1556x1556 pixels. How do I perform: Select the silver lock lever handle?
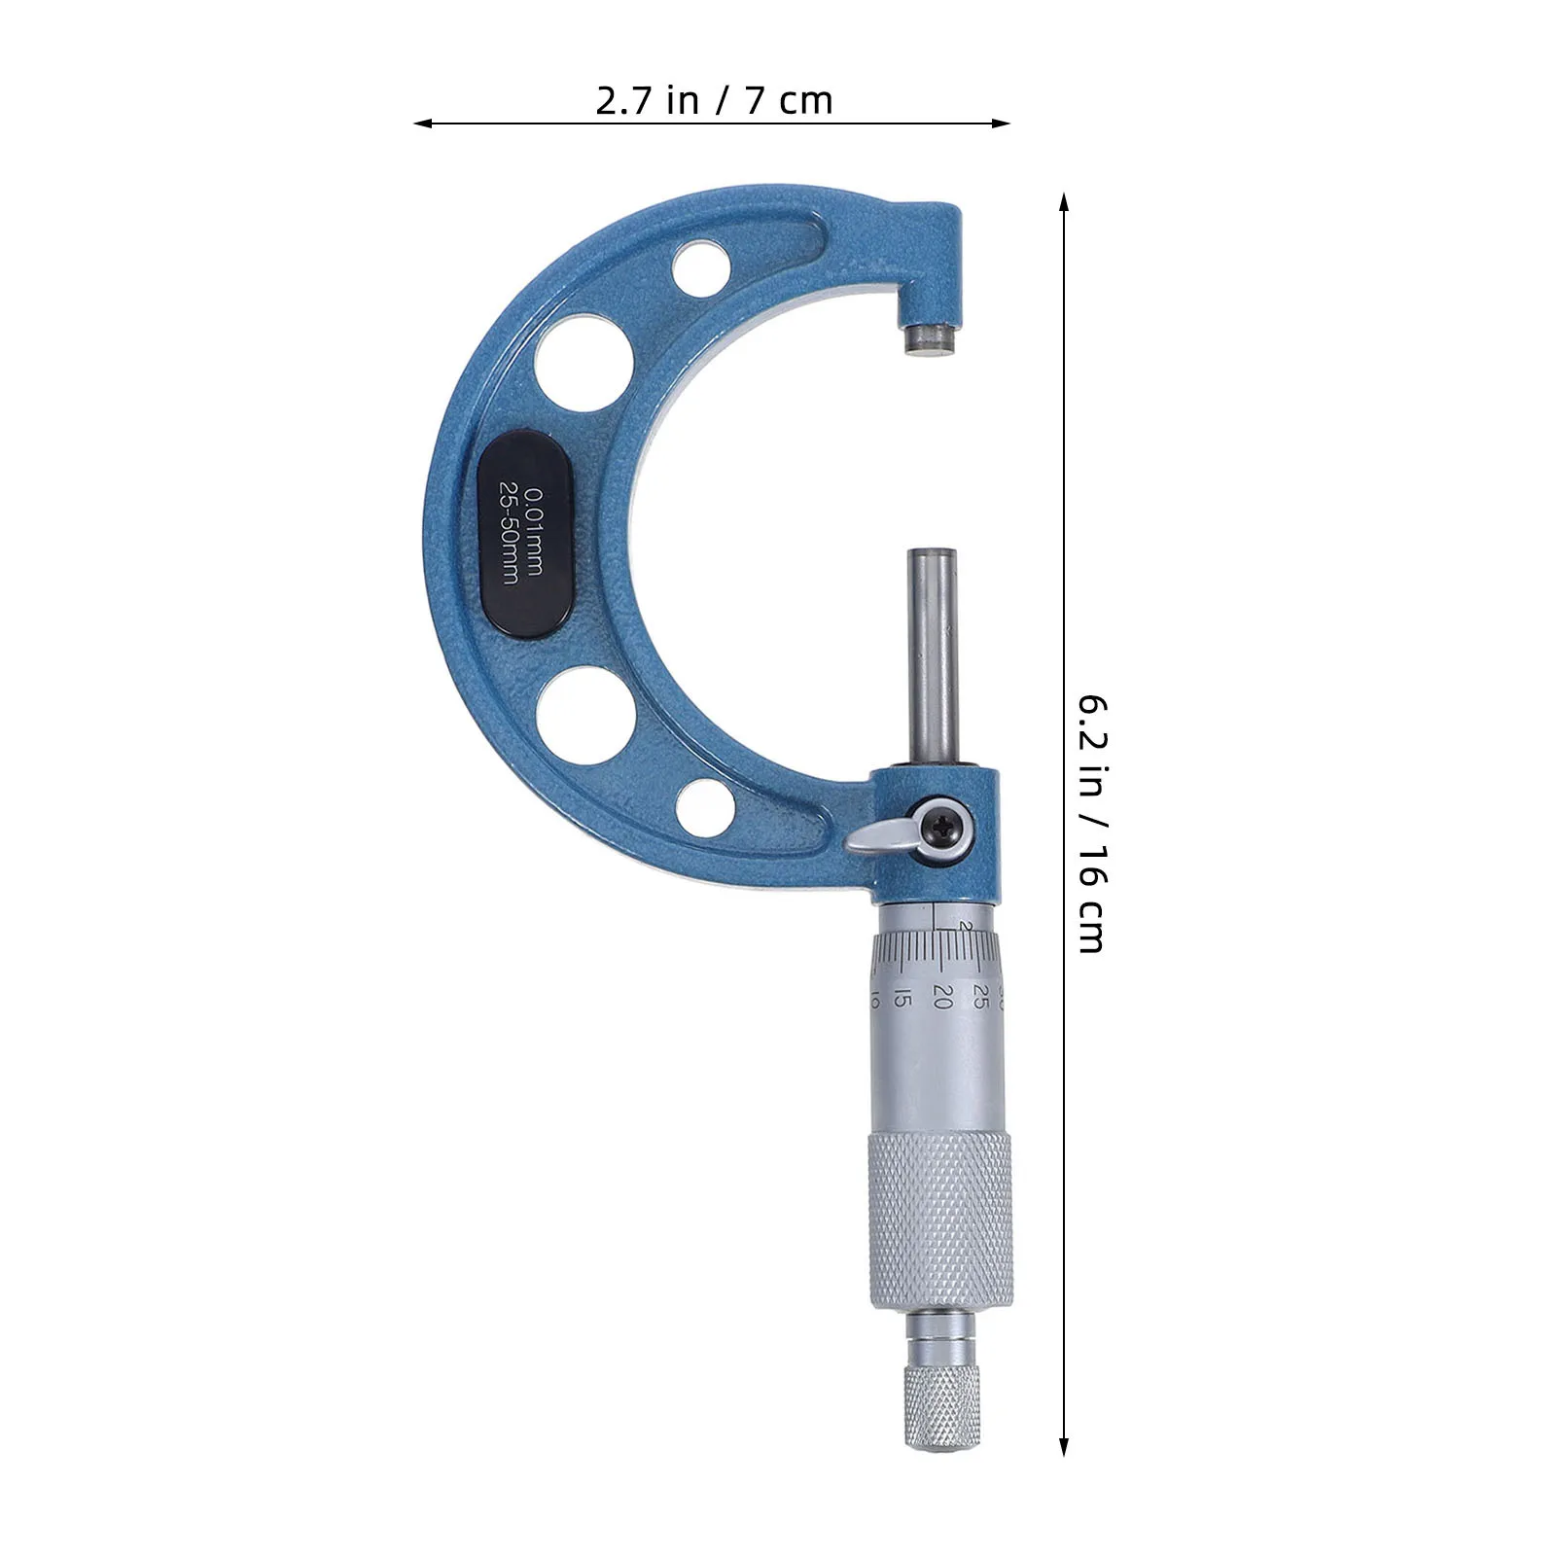pos(880,836)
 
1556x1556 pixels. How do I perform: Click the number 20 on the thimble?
pos(940,996)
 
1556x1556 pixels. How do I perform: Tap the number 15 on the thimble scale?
pos(902,998)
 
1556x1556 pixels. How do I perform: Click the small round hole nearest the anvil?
pos(703,265)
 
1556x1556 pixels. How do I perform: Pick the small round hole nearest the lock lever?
pos(705,805)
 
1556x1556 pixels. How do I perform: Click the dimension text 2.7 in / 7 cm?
pos(714,101)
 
